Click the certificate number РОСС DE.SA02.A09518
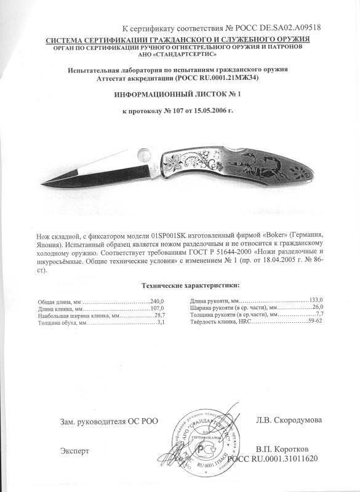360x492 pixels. [x=278, y=28]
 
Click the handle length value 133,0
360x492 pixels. [x=316, y=298]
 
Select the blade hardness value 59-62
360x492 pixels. [x=315, y=322]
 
